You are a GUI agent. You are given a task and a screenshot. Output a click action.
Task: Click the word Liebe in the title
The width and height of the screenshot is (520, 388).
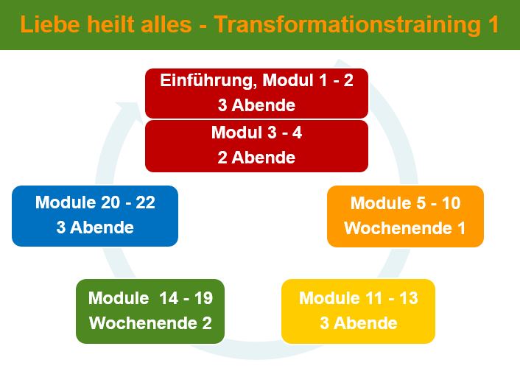pos(50,24)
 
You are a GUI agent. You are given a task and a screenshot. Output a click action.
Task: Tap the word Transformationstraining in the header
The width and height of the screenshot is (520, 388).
pos(347,25)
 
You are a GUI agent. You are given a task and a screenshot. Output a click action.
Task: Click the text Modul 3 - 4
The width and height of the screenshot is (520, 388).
pos(256,133)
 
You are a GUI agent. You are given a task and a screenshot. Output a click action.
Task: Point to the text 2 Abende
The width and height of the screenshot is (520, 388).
pos(256,158)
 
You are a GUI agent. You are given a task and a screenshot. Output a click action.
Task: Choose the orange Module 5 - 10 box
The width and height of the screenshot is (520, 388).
pos(405,216)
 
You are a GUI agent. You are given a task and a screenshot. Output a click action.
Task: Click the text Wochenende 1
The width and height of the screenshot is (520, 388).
pos(405,228)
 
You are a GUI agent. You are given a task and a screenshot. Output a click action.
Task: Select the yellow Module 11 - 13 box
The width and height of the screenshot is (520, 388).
pos(358,311)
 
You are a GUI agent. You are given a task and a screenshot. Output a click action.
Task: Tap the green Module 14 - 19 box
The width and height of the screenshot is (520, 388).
pos(150,311)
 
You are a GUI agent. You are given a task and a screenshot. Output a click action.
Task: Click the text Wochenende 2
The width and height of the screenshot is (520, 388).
pos(150,323)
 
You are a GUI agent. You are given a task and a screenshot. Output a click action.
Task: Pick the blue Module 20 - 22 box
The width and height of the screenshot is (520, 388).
pos(95,216)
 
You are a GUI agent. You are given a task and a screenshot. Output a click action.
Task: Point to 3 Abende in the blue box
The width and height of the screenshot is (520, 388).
pos(95,227)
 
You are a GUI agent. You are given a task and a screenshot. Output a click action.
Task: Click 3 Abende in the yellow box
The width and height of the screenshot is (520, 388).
pos(359,323)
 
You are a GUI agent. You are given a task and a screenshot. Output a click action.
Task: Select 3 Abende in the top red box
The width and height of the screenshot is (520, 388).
pos(256,105)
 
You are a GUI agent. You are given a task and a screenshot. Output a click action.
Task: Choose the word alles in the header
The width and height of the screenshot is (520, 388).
pos(166,24)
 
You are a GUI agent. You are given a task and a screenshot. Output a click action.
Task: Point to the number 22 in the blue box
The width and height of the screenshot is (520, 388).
pos(145,202)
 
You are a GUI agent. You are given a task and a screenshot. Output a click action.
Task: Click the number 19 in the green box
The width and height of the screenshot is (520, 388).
pos(203,297)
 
